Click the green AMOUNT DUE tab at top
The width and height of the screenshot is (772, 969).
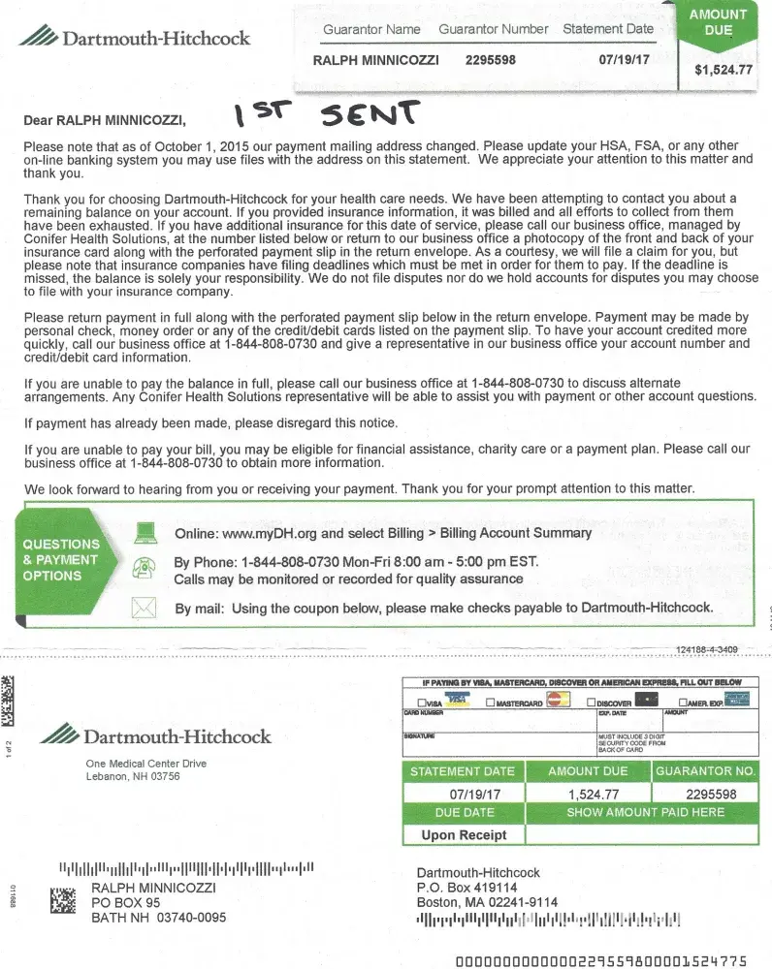718,23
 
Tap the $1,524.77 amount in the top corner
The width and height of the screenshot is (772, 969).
724,70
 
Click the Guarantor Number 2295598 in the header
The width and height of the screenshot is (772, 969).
491,60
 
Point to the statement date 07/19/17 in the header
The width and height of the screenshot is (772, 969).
623,60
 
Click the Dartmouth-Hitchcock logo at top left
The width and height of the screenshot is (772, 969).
135,39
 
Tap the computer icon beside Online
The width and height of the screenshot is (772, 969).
145,532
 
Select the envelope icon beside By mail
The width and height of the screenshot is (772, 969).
145,608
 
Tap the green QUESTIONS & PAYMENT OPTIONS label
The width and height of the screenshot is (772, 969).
61,560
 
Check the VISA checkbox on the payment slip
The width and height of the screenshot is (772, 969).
422,703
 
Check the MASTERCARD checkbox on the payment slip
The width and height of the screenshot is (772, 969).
491,703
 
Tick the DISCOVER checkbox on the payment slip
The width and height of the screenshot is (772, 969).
591,703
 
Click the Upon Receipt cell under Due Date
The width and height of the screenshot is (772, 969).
464,834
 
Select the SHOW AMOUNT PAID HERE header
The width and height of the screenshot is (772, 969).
645,812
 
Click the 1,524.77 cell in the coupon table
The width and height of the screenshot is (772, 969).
593,794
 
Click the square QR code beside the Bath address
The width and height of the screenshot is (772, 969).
63,900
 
